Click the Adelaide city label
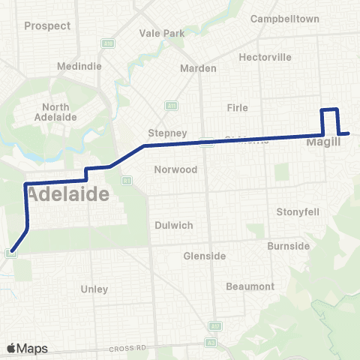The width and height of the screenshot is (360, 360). tap(68, 194)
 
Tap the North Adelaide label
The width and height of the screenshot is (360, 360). tap(56, 112)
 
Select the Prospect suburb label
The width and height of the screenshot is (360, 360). tap(47, 25)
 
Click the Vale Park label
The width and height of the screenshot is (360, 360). tap(162, 34)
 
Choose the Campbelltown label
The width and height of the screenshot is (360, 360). tap(285, 18)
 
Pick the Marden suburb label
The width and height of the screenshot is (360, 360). tap(199, 68)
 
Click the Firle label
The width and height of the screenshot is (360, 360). tap(237, 108)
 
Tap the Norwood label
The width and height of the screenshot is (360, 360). tap(175, 169)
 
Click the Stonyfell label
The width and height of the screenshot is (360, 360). tap(298, 211)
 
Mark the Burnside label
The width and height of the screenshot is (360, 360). tap(289, 246)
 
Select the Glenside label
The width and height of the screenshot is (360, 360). tap(204, 256)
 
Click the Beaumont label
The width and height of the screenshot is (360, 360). tap(250, 286)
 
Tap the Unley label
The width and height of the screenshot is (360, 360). tap(94, 289)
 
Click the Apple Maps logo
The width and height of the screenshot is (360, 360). tap(27, 349)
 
